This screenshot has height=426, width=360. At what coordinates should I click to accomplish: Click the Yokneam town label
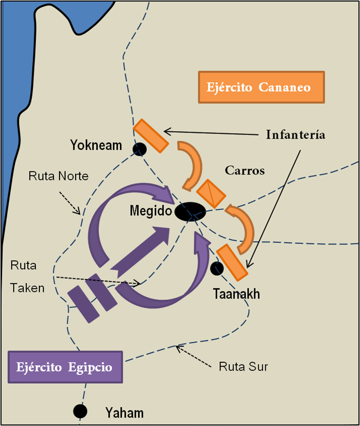(x=96, y=146)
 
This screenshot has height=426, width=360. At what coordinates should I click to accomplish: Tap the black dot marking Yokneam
(x=139, y=149)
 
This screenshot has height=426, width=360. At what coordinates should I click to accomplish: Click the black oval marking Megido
(x=191, y=212)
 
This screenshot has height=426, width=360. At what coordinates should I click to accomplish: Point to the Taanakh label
(x=236, y=293)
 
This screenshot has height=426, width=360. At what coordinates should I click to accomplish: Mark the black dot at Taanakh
(x=217, y=269)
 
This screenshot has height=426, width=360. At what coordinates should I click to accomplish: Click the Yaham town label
(x=124, y=413)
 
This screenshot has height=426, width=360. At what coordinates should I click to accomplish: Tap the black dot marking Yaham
(x=80, y=411)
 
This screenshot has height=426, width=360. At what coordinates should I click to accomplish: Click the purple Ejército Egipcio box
(x=66, y=367)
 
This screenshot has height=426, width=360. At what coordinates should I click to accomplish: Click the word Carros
(x=246, y=170)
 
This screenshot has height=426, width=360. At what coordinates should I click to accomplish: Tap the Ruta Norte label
(x=58, y=176)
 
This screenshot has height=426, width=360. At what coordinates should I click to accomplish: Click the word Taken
(x=27, y=288)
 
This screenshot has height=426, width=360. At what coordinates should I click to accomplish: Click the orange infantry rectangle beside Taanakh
(x=232, y=262)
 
